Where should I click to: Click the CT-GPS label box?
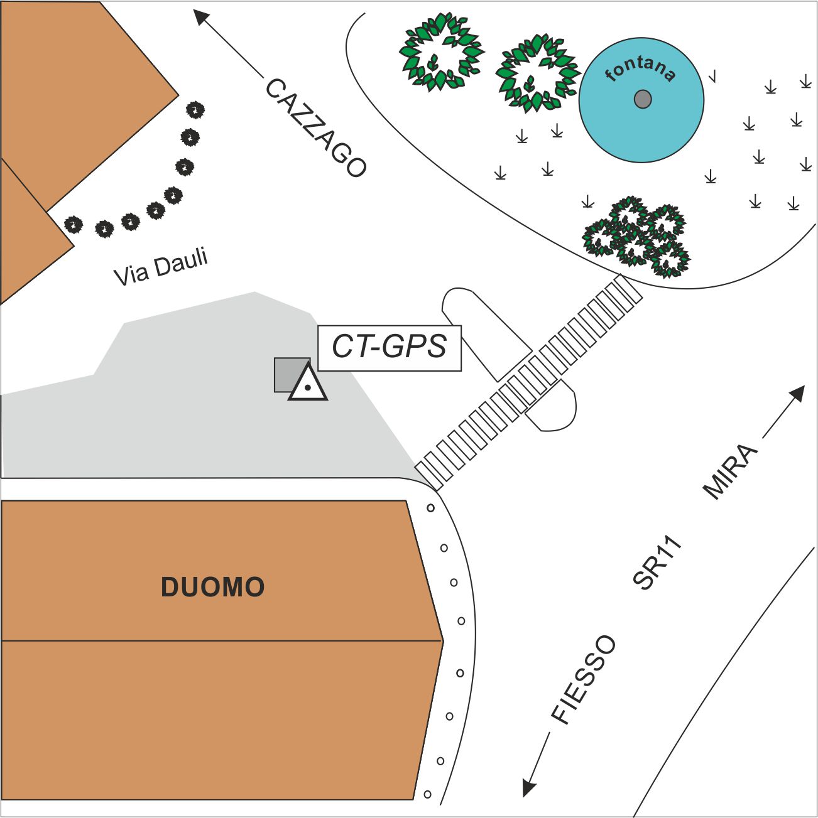tap(390, 348)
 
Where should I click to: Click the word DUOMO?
tap(213, 587)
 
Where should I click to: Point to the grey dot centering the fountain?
tap(643, 99)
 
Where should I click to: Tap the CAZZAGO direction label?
tap(315, 128)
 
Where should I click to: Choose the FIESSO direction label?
tap(584, 680)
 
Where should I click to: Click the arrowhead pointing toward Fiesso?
tap(529, 787)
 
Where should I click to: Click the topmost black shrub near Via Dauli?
tap(196, 110)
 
